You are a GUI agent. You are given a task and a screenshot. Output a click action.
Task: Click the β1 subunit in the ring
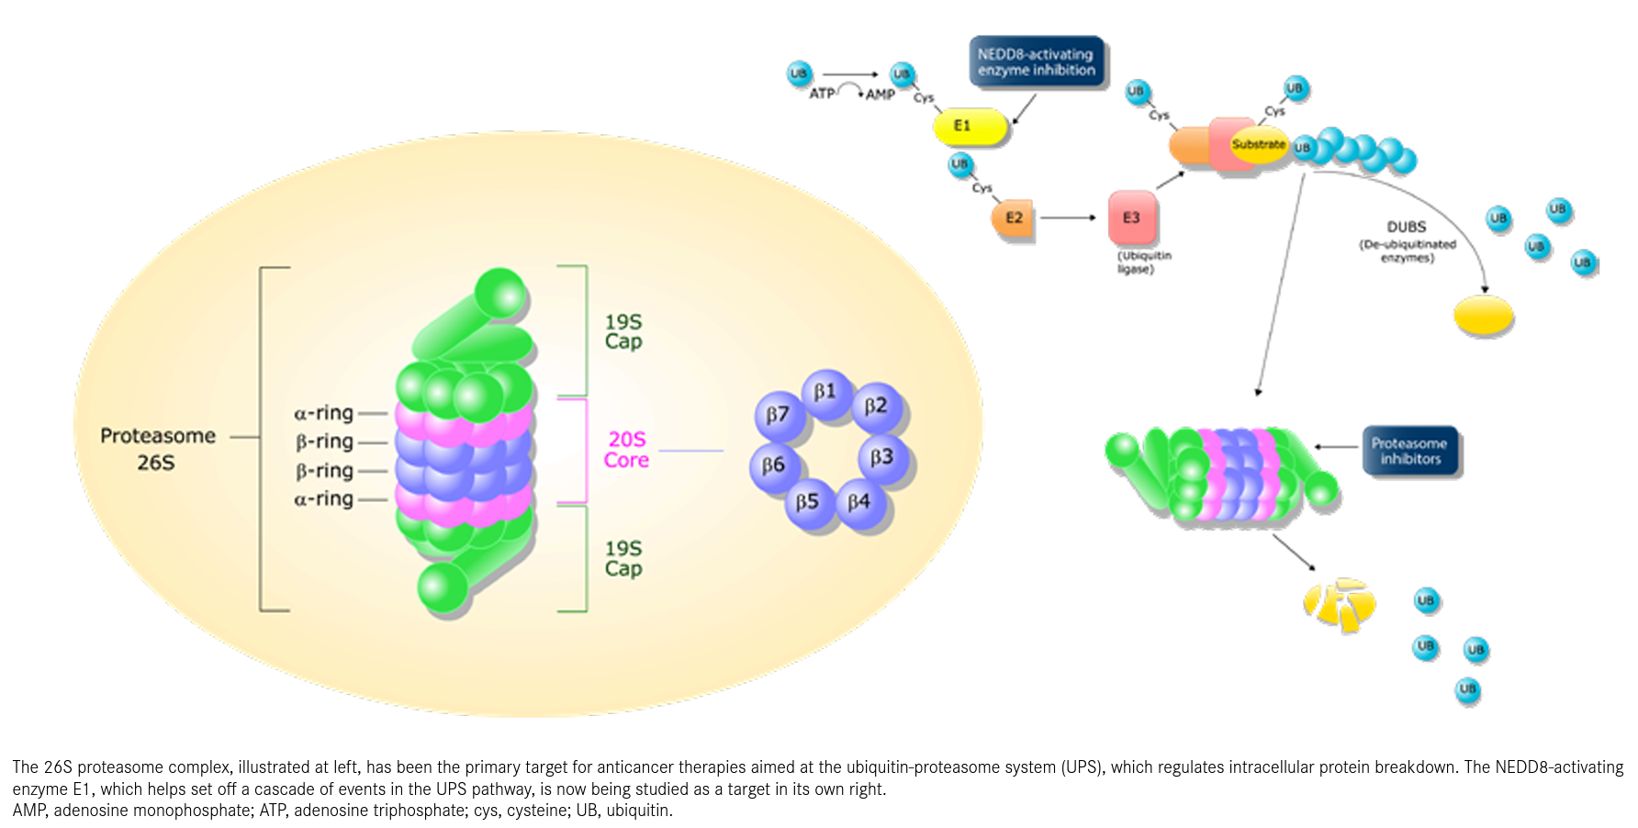click(826, 393)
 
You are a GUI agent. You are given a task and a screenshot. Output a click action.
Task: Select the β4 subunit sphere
click(860, 502)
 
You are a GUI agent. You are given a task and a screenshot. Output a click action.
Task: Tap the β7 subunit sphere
click(779, 416)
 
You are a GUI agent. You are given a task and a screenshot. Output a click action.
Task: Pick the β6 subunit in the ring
click(774, 465)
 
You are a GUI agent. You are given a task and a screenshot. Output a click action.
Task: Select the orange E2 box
click(1013, 218)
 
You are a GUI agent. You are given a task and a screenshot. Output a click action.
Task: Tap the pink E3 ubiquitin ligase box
click(1132, 218)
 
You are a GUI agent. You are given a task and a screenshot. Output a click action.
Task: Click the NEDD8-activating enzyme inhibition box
click(1037, 62)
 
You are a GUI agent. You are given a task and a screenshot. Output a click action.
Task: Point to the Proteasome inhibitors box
click(1409, 451)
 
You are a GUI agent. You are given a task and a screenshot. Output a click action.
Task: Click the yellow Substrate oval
click(1259, 145)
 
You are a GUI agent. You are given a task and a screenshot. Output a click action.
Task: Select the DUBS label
click(1407, 227)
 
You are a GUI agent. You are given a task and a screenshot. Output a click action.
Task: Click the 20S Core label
click(626, 450)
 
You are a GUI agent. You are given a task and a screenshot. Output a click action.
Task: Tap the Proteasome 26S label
click(157, 448)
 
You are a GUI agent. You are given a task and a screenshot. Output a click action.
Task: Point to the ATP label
click(822, 94)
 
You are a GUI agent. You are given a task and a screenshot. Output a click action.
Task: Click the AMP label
click(881, 95)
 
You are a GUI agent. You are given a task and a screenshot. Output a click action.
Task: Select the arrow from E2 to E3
click(1068, 218)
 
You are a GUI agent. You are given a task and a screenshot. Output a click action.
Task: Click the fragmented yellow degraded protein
click(1340, 604)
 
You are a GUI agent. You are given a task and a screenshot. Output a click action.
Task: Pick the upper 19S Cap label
click(623, 331)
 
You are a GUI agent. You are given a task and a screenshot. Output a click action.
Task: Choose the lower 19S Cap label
click(623, 558)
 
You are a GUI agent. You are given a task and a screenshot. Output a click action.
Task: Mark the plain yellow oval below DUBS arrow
click(1483, 316)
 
